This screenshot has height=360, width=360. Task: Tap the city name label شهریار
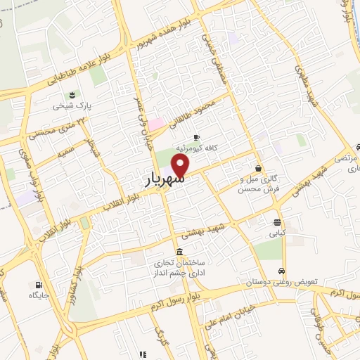click(164, 180)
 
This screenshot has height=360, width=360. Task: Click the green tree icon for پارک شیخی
click(70, 96)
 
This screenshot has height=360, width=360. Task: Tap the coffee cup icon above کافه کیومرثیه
click(195, 136)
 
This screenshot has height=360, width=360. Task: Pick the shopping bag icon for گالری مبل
click(259, 168)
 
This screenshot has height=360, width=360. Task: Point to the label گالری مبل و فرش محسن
click(259, 184)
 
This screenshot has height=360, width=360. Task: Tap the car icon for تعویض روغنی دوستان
click(281, 271)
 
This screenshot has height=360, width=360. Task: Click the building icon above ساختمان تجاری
click(180, 252)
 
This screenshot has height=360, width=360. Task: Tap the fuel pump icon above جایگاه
click(37, 285)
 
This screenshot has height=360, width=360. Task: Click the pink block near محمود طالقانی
click(155, 124)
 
